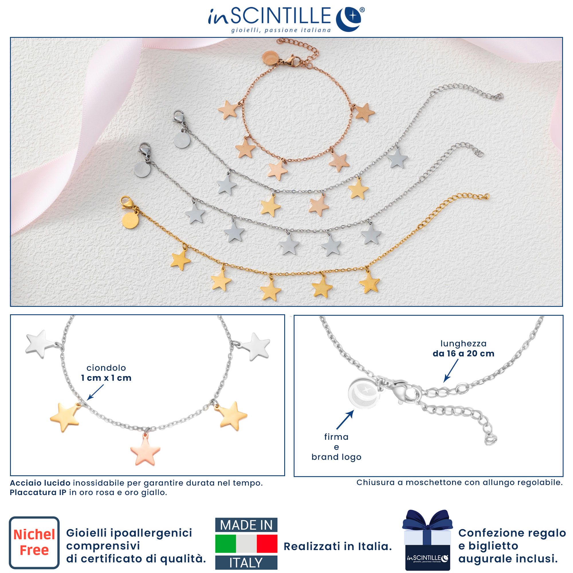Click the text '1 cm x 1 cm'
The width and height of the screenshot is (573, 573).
pos(106,378)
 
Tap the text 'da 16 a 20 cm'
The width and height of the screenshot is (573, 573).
pos(463,354)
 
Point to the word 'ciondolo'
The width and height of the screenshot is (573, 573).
pos(106,368)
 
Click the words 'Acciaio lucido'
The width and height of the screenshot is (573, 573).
pos(40,483)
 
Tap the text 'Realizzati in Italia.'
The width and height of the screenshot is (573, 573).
pos(338,547)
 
